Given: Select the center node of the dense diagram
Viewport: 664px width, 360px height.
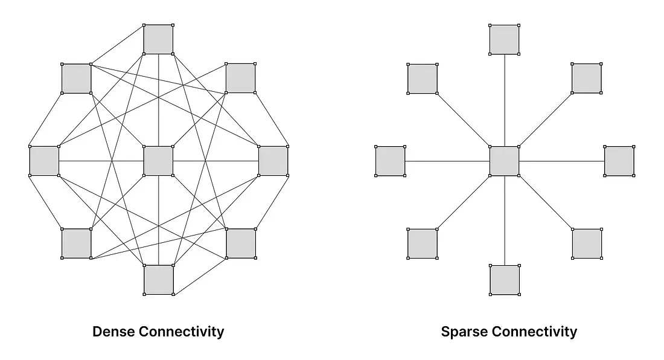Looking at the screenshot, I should click(158, 161).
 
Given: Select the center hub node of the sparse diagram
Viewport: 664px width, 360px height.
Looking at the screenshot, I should click(505, 161).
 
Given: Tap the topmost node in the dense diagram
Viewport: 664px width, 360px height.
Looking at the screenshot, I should click(158, 39).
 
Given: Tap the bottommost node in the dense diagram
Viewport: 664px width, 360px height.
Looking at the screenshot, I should click(158, 280).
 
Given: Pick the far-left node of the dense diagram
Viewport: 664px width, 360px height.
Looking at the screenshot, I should click(44, 161).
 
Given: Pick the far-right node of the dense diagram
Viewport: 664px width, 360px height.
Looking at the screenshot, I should click(273, 161).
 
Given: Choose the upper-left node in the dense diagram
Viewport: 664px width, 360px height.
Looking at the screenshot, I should click(77, 79).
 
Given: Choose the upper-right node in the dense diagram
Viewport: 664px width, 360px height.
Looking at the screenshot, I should click(240, 79).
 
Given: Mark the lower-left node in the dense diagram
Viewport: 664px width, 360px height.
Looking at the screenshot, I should click(77, 243).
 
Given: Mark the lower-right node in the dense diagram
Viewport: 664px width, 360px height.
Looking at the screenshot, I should click(240, 243).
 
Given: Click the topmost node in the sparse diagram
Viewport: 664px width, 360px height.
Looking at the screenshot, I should click(505, 39).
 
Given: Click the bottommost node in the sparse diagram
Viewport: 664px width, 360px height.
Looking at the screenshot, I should click(505, 280).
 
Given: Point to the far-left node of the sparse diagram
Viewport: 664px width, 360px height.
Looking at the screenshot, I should click(390, 161).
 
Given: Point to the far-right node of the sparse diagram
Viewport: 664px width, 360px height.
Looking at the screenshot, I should click(619, 161).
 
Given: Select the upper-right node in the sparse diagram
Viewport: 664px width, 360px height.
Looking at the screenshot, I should click(587, 79).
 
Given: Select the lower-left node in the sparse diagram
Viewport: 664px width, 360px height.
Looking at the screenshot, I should click(423, 243).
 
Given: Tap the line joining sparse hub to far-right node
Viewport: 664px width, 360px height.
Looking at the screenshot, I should click(561, 161).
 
